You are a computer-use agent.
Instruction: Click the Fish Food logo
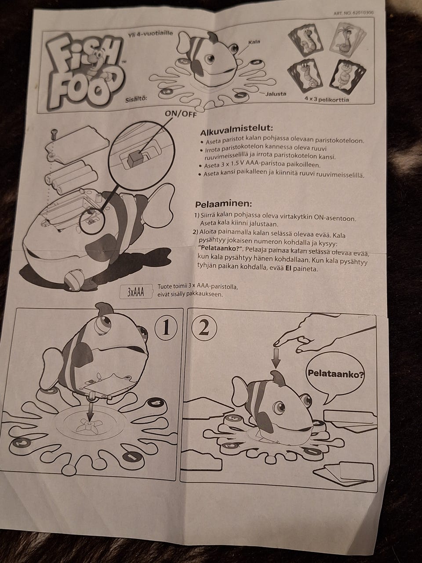[x=84, y=71]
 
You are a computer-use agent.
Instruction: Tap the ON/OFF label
[x=181, y=114]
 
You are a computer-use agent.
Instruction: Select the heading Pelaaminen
[x=223, y=204]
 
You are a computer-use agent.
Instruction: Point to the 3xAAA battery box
[x=136, y=292]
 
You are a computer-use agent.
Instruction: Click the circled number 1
[x=166, y=329]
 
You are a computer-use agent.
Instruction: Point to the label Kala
[x=254, y=42]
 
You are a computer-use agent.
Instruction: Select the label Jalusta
[x=276, y=94]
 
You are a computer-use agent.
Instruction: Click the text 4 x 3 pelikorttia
[x=327, y=99]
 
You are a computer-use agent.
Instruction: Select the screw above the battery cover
[x=55, y=133]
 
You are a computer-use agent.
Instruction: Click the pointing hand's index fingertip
[x=276, y=343]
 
